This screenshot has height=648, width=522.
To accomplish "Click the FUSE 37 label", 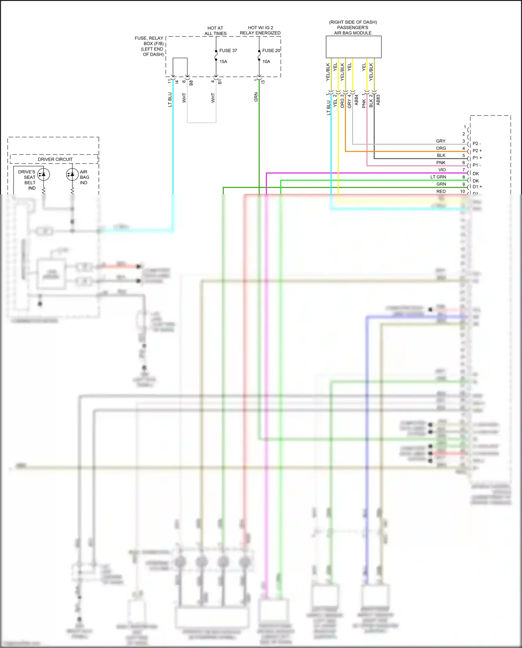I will [228, 50].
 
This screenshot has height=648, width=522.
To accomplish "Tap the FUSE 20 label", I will [271, 50].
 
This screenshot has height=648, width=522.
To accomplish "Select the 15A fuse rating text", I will [223, 62].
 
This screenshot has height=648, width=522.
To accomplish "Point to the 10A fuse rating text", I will [266, 62].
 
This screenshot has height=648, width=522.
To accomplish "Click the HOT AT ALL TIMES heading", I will [215, 31].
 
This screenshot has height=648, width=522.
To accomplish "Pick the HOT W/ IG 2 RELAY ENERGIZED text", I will [260, 30].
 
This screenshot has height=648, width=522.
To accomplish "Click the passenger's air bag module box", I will [353, 47].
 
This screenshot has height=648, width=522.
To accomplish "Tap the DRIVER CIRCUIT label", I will [55, 159].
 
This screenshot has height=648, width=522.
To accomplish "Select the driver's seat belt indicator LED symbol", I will [43, 174].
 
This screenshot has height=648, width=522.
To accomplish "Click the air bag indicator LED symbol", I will [72, 174].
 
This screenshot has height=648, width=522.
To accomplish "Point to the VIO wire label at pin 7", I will [442, 170].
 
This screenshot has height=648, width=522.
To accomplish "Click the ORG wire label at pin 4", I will [441, 148].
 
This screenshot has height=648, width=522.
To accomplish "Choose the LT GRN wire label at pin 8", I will [438, 177].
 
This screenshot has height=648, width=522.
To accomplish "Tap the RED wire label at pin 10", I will [441, 192].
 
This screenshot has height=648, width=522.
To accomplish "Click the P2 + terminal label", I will [477, 151].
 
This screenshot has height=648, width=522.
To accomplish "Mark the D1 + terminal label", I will [477, 187].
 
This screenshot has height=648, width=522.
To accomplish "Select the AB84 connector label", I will [356, 100].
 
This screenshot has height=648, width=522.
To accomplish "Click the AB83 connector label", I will [378, 100].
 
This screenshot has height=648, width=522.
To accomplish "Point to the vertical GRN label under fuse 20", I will [256, 97].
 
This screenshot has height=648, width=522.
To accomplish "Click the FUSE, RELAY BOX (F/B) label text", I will [150, 46].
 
